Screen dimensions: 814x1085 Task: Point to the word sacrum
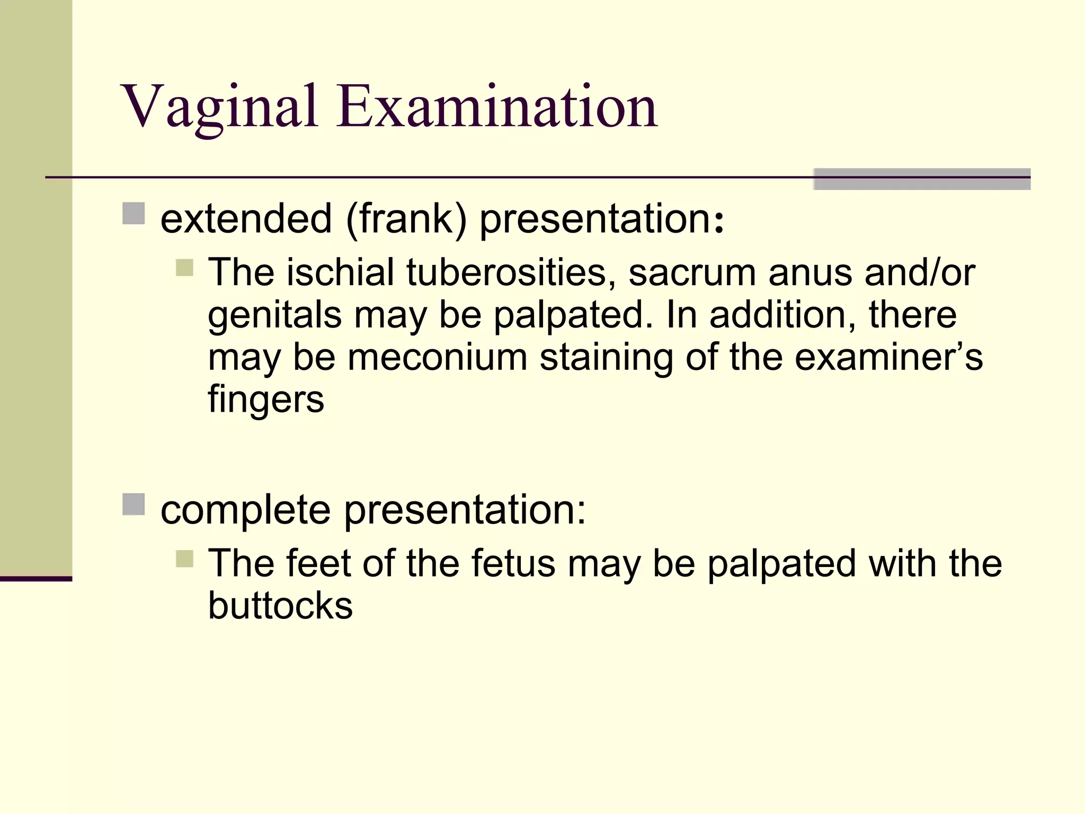[692, 272]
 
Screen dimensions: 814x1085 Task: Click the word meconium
[437, 357]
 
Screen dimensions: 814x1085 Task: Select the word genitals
[275, 316]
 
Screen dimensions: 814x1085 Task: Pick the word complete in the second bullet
[246, 510]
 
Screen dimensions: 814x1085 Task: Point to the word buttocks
[280, 605]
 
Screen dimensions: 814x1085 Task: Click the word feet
[318, 563]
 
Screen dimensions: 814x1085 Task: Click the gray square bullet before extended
[134, 214]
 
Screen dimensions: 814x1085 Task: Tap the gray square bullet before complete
[134, 505]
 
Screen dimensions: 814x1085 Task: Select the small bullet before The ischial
[184, 268]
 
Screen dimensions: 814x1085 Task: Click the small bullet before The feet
[184, 559]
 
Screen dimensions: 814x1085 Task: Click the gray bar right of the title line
[922, 179]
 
